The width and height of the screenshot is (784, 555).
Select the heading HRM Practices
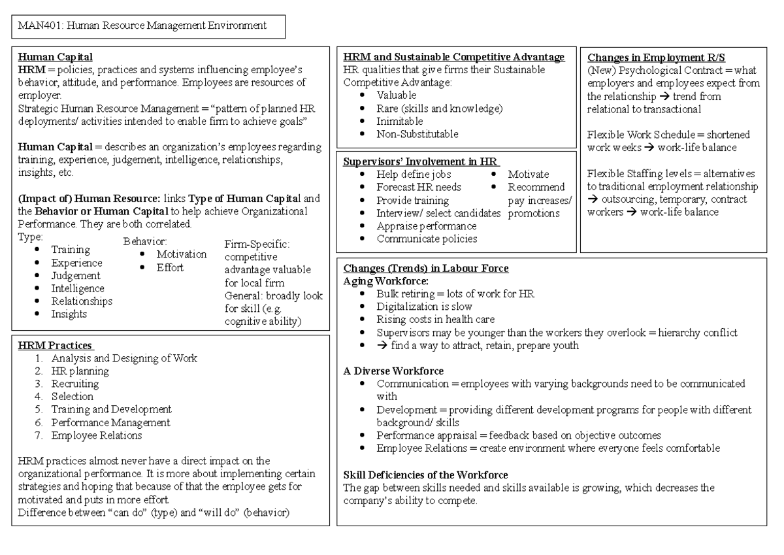55,345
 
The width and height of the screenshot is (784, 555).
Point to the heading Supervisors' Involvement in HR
420,161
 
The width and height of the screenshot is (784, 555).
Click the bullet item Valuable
397,95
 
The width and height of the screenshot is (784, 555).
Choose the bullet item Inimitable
400,122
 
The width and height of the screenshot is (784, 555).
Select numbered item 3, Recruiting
75,384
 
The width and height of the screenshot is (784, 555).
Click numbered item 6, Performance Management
110,422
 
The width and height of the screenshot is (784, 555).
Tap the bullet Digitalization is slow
424,307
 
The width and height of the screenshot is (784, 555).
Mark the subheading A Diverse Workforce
393,371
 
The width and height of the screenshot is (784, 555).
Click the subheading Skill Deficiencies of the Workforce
425,475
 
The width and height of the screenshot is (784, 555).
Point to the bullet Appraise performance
426,226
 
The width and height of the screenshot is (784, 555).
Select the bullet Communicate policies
427,239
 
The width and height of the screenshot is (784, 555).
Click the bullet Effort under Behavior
170,267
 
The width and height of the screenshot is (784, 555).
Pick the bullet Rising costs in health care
435,320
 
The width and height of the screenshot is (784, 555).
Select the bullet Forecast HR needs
419,187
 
